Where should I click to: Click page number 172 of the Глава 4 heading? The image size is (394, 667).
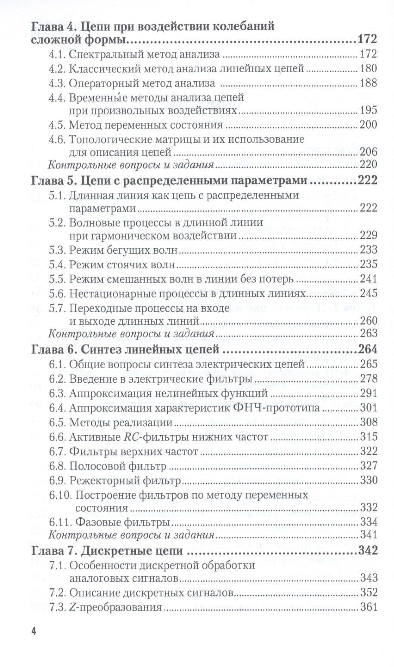pos(367,40)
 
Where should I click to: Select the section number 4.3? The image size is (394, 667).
pos(57,83)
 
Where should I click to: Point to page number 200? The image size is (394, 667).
pos(368,125)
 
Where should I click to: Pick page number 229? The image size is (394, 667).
pos(368,235)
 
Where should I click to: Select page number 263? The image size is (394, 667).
pos(368,333)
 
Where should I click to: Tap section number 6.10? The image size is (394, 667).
pos(60,495)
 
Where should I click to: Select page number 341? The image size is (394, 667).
pos(368,535)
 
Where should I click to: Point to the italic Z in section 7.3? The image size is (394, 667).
pos(72,607)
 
